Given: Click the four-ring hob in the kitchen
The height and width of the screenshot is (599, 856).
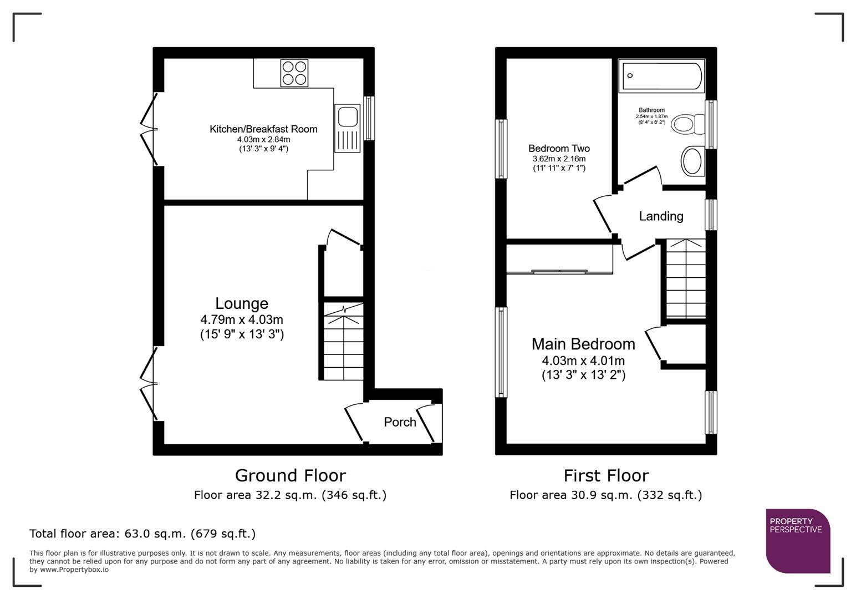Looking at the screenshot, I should tap(294, 73).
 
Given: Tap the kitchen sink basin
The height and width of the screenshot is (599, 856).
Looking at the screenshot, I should tap(348, 116).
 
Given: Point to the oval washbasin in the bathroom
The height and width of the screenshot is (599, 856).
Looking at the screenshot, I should tap(692, 161).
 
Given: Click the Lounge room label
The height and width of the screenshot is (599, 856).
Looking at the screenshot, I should tap(242, 303).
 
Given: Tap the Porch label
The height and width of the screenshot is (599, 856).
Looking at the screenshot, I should tap(400, 422).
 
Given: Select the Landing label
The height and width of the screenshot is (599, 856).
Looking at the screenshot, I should tap(661, 216).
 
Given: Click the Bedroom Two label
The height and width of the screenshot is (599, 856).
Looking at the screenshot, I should tap(559, 149).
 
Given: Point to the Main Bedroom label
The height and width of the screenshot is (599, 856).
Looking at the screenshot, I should tap(583, 344).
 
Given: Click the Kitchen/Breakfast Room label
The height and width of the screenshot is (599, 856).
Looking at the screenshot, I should tap(263, 129).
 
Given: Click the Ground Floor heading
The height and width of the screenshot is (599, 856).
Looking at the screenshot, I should tap(290, 475).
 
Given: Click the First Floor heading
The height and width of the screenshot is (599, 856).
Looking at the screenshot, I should tap(606, 475).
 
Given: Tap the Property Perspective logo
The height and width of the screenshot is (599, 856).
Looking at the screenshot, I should tap(797, 540).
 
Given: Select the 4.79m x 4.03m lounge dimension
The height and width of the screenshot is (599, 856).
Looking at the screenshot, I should tap(242, 320).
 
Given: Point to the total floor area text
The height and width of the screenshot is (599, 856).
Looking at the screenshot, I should tap(142, 534).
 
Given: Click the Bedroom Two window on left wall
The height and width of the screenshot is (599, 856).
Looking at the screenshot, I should tap(501, 149).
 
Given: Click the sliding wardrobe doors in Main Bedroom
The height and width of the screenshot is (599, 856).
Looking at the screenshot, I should tap(559, 272).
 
